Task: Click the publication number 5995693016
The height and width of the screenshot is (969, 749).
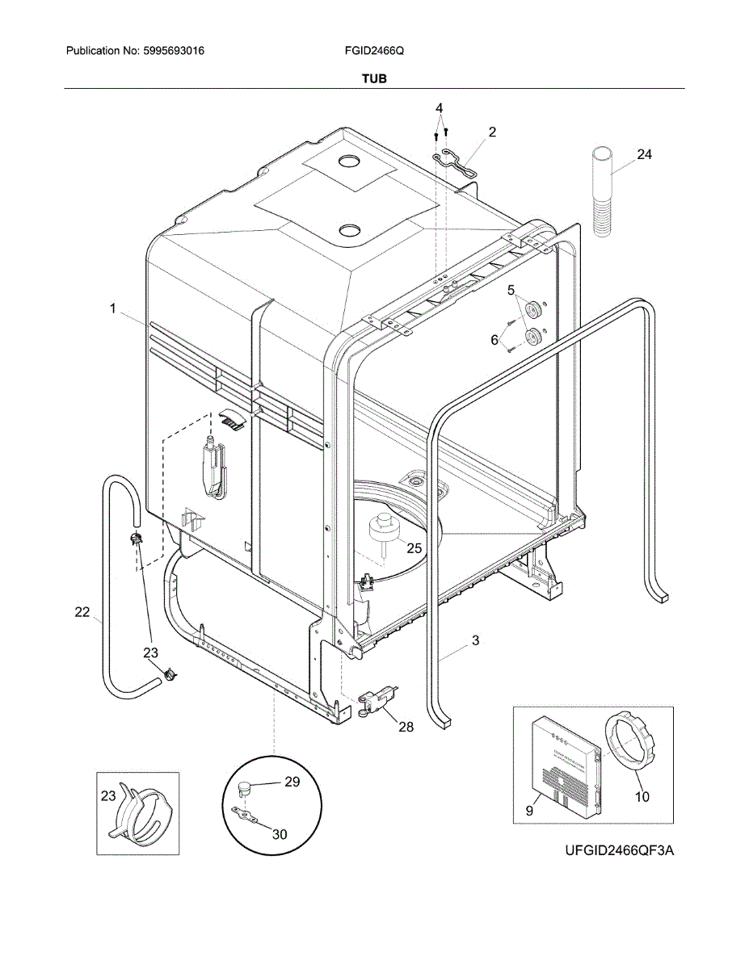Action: [x=171, y=51]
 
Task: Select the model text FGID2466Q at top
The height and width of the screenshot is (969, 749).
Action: [x=373, y=51]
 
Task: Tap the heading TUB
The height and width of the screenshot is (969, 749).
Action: [x=373, y=78]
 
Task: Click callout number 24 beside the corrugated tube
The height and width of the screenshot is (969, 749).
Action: [x=643, y=155]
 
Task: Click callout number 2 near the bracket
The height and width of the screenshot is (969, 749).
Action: [x=491, y=131]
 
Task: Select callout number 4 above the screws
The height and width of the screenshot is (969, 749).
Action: [x=440, y=108]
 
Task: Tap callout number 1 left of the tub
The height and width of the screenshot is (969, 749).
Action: [x=114, y=308]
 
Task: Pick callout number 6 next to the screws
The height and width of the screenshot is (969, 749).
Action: [x=494, y=340]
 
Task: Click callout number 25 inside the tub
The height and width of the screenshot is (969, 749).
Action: [x=414, y=547]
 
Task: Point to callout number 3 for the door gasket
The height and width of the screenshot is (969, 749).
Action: [x=475, y=640]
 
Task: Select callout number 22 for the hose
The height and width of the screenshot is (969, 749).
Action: [x=82, y=612]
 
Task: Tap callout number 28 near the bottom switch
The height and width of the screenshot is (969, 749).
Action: [x=406, y=727]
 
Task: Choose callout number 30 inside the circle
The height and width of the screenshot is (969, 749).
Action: [x=279, y=834]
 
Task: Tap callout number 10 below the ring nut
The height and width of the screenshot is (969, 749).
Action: [x=642, y=796]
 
